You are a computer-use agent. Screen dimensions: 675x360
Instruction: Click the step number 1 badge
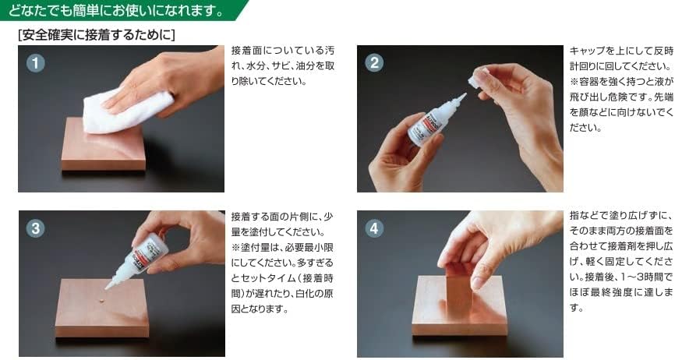(x=36, y=63)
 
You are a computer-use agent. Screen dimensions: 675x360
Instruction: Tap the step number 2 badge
(x=374, y=63)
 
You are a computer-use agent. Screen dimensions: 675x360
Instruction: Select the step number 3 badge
(x=36, y=228)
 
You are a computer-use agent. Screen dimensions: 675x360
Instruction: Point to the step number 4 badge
(x=374, y=228)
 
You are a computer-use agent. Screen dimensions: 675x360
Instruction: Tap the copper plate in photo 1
(x=104, y=146)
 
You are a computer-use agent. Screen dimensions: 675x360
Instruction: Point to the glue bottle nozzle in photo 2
(x=458, y=101)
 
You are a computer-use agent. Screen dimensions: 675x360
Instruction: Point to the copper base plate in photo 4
(x=460, y=306)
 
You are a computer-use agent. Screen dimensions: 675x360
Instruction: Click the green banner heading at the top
(x=122, y=10)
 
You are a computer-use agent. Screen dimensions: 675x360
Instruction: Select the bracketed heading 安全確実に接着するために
(x=97, y=35)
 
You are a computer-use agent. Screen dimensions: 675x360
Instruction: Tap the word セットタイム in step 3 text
(x=267, y=278)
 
